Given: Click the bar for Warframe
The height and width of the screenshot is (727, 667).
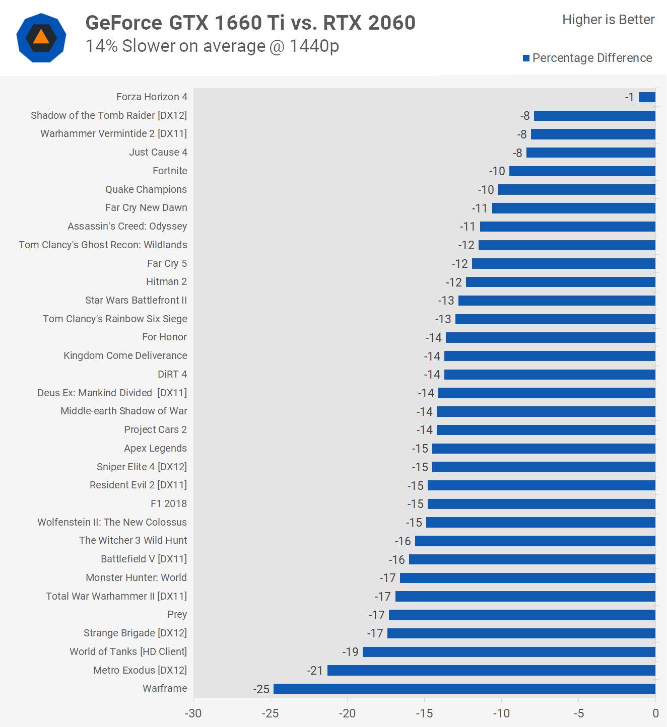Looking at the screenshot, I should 464,689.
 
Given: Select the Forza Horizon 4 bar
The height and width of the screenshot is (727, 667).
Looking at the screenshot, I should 647,97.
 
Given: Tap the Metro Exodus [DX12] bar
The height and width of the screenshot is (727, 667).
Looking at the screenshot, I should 491,670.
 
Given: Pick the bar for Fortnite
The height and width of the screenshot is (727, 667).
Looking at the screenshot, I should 582,171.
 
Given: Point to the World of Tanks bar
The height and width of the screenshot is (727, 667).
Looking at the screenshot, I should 509,652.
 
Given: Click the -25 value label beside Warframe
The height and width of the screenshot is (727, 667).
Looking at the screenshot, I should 261,689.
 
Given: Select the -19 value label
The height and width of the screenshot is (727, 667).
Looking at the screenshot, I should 351,652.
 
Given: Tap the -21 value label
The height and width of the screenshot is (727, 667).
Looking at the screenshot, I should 315,671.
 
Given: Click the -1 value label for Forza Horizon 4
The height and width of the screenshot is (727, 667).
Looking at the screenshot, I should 630,97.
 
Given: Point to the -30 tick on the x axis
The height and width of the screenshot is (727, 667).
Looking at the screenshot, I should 193,713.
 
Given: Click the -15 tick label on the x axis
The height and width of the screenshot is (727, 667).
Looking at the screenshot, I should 424,713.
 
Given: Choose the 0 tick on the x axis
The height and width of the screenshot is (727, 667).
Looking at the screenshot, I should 655,713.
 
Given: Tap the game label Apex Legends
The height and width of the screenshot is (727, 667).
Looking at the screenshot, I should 155,448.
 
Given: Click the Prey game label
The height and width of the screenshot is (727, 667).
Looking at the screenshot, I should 177,614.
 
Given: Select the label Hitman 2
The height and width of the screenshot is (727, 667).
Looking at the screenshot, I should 166,281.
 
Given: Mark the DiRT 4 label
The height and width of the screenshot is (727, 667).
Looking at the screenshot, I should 172,374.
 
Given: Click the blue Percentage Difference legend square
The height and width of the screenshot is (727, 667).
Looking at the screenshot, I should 526,58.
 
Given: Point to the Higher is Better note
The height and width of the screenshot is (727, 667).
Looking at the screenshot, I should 608,20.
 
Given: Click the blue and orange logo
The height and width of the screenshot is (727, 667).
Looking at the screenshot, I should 41,38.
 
